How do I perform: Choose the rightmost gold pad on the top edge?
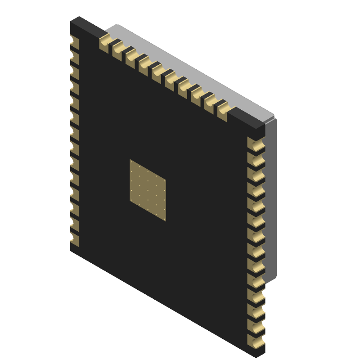[x=224, y=111]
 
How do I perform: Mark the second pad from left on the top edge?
[x=118, y=50]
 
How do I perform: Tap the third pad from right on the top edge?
[x=197, y=95]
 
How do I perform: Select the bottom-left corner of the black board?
[x=71, y=250]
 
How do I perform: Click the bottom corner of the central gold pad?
[x=166, y=221]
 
